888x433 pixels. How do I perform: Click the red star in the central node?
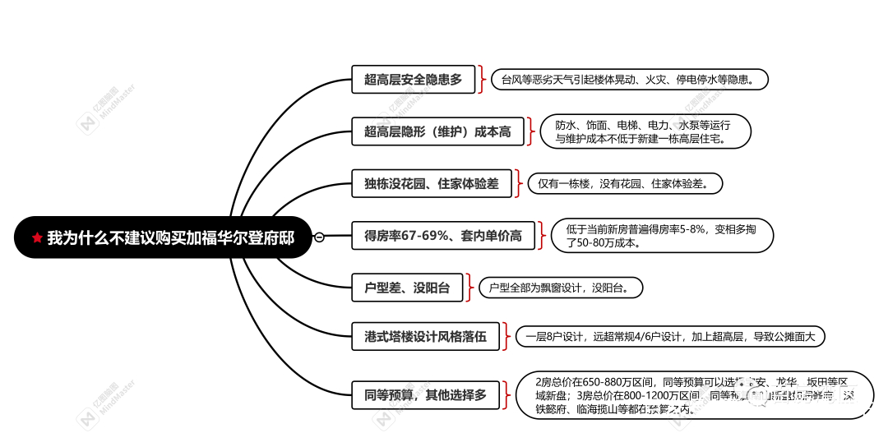click(37, 237)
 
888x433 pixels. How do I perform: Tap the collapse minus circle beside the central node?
click(319, 237)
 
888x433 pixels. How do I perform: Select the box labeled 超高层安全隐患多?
click(413, 80)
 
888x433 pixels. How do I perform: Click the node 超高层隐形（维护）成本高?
click(437, 131)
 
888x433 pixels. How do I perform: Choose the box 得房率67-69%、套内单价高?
click(442, 236)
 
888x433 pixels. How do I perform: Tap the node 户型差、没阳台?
click(407, 288)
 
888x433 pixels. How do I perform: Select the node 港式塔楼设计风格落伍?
click(425, 336)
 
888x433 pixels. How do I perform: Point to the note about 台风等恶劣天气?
click(630, 80)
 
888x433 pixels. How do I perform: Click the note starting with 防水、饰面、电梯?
click(645, 131)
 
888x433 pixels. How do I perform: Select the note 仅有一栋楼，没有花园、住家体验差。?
click(625, 183)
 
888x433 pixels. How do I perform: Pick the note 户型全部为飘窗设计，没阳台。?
click(559, 288)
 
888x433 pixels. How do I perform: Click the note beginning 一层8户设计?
click(669, 336)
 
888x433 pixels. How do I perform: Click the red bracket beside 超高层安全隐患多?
click(482, 80)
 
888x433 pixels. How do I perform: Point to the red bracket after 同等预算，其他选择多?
click(505, 394)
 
